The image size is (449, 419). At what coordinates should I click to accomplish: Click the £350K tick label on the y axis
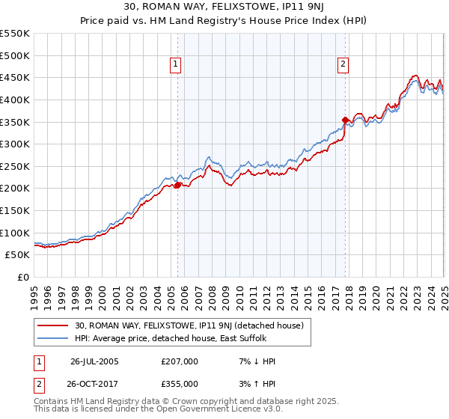[15, 122]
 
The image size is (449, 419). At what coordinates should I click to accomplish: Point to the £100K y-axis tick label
[15, 233]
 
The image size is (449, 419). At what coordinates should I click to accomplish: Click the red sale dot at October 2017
[345, 120]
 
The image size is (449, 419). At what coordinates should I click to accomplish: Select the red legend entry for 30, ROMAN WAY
[189, 326]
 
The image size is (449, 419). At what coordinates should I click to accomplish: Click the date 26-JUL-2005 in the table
[94, 361]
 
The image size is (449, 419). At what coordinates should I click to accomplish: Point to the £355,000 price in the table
[179, 384]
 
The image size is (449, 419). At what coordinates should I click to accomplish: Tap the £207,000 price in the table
[179, 361]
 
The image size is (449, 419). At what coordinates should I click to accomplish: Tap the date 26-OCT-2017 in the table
[94, 384]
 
